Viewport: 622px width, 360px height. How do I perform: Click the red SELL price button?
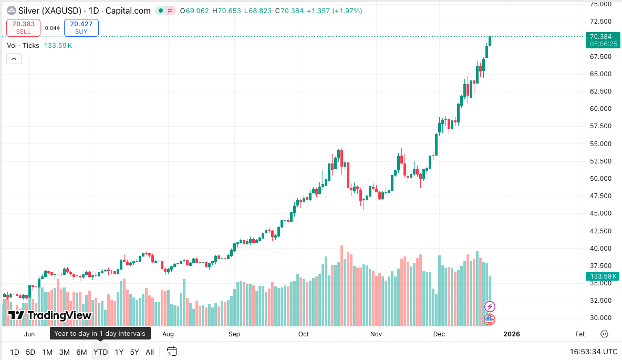24,27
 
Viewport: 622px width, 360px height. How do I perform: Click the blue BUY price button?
81,27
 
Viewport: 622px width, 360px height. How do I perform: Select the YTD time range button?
100,352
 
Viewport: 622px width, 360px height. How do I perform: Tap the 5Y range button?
135,352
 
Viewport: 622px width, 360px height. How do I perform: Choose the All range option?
150,352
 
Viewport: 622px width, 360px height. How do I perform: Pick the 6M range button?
81,352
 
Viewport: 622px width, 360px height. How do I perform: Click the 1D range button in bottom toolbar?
15,352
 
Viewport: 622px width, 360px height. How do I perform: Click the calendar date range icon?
172,352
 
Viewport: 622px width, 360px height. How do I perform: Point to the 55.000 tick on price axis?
601,143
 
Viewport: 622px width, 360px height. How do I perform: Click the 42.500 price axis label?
601,231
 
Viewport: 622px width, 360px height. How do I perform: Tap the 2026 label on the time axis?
511,334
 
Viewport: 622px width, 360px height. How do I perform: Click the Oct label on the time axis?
304,334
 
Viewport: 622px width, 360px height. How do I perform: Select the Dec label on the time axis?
439,334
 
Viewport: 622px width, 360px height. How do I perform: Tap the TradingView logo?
50,315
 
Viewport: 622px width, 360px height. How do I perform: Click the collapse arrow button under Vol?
14,58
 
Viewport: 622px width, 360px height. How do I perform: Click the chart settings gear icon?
604,334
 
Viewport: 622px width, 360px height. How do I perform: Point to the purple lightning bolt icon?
490,306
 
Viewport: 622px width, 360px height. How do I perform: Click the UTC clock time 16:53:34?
594,352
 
